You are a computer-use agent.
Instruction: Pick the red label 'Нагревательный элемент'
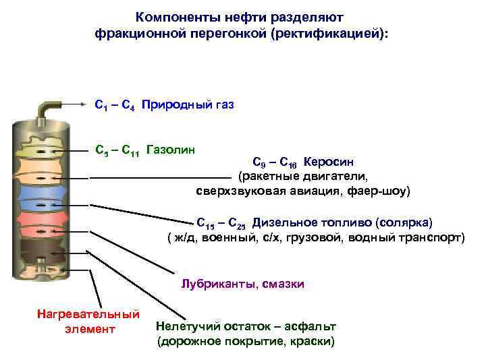pyautogui.click(x=89, y=322)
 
